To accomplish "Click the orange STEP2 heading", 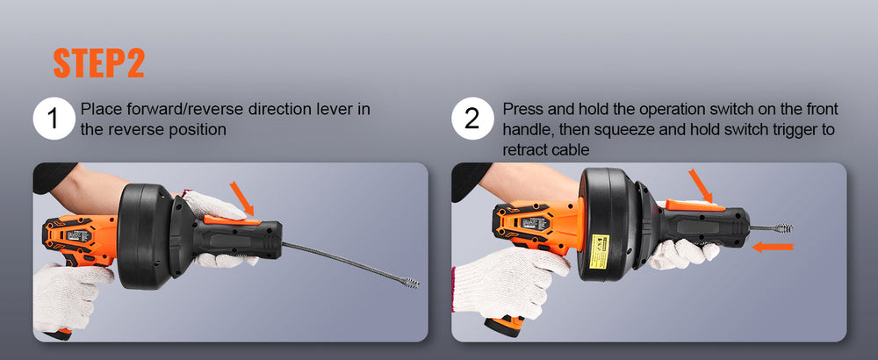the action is pos(98,64).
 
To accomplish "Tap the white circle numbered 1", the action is pos(54,119).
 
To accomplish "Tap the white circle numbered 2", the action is pos(472,119).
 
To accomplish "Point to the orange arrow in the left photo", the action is pos(241,198).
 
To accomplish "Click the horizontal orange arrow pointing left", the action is pos(773,247).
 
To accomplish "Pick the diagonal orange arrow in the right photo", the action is pos(701,186).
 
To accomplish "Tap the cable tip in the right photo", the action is pos(784,228).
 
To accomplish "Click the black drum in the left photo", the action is pos(145,235).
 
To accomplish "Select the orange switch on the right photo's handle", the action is pos(694,205).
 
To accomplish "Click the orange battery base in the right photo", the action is pos(505,325).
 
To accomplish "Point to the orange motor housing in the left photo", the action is pos(78,239).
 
